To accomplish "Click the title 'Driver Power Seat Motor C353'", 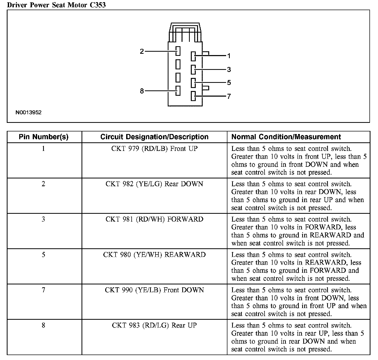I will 56,5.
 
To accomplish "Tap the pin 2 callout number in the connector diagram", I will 142,51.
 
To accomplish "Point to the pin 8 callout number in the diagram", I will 142,91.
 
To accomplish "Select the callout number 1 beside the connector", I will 229,56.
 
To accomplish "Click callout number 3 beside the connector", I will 229,70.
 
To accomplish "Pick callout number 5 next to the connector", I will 229,83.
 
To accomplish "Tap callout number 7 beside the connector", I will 229,96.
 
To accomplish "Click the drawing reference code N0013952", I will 29,112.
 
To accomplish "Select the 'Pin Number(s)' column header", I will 44,137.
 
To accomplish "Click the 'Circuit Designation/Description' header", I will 154,137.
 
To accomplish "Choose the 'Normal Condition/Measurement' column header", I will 286,137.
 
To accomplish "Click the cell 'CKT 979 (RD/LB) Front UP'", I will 154,149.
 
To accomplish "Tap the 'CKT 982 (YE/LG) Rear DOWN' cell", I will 154,184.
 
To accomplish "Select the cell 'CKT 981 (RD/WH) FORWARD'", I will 154,219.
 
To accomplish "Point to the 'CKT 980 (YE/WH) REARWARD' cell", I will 154,255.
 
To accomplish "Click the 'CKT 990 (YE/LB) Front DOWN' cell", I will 154,290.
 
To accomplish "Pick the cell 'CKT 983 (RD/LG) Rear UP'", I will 154,325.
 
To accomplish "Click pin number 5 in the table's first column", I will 43,255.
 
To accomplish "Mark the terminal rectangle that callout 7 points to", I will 193,96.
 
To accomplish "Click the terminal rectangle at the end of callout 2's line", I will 178,51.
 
